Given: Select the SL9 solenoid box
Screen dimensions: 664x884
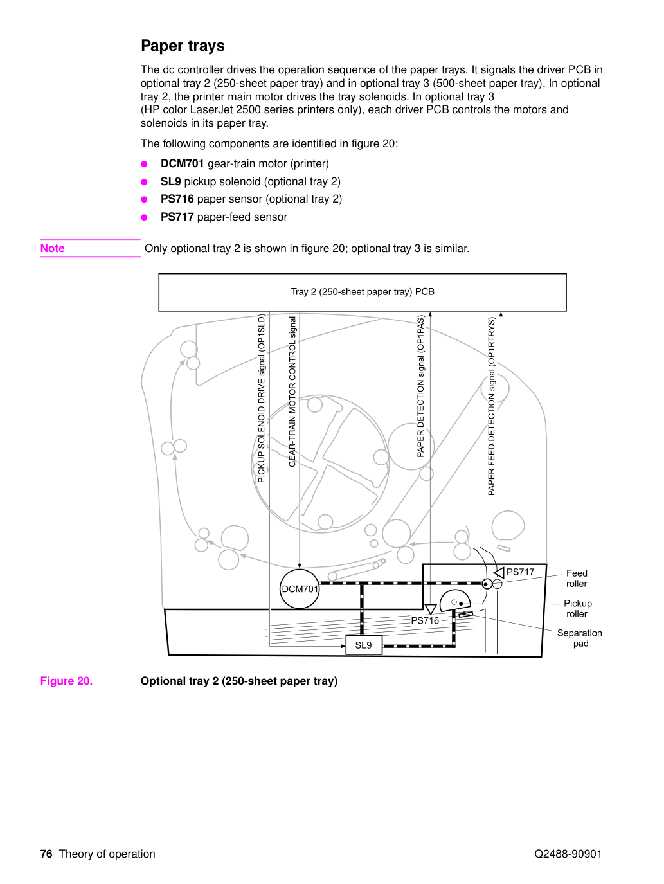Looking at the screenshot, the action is (364, 645).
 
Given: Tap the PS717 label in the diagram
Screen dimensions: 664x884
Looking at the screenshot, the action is (520, 572).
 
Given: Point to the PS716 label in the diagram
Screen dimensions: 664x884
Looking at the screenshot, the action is (425, 620).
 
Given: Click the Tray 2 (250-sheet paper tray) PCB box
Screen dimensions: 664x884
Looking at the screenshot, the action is (363, 293).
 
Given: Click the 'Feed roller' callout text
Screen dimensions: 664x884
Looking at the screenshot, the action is (577, 579).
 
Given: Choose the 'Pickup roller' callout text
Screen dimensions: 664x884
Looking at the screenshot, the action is (577, 609).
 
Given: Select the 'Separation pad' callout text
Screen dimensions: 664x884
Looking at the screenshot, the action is (579, 638).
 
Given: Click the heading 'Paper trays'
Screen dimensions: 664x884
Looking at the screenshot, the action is (183, 46).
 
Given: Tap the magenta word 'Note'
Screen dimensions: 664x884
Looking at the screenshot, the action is (52, 248).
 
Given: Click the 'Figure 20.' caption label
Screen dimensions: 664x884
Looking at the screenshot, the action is (66, 681).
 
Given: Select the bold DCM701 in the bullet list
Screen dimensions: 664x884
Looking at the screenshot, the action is (182, 163).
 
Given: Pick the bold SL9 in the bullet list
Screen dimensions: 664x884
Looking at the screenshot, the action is (171, 181).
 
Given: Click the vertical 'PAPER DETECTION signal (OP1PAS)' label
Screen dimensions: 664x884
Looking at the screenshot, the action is (420, 386).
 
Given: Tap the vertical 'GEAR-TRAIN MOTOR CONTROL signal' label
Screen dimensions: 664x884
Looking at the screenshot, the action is (292, 392).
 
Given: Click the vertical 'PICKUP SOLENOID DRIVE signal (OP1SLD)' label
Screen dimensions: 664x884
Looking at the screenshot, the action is (262, 399).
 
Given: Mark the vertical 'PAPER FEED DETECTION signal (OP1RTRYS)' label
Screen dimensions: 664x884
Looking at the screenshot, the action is (491, 406).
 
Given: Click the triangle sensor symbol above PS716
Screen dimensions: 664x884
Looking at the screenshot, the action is (431, 609).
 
